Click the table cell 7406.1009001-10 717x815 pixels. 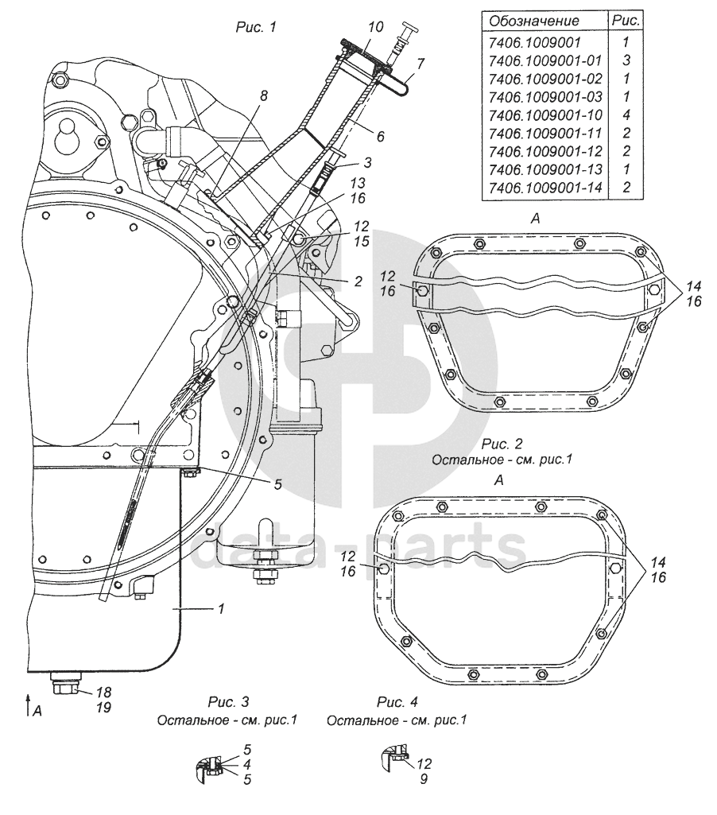(545, 114)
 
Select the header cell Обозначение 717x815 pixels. (534, 21)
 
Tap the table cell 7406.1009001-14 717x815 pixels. (545, 188)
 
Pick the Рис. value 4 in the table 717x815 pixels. (626, 114)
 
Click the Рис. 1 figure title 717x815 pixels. (256, 27)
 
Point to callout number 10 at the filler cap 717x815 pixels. (376, 26)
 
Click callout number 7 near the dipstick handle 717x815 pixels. (421, 64)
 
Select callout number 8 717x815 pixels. (264, 95)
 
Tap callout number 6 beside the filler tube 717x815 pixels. (381, 136)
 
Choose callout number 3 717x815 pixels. (368, 162)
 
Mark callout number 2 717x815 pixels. (358, 281)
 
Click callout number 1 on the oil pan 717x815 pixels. (221, 608)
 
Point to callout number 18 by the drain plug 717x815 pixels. (104, 693)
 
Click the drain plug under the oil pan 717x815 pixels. (65, 684)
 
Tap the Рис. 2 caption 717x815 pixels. (502, 444)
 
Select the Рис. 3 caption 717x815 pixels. (229, 701)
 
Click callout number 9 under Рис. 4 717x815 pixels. (424, 779)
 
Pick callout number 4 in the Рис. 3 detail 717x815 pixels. (246, 765)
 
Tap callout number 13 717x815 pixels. (358, 183)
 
